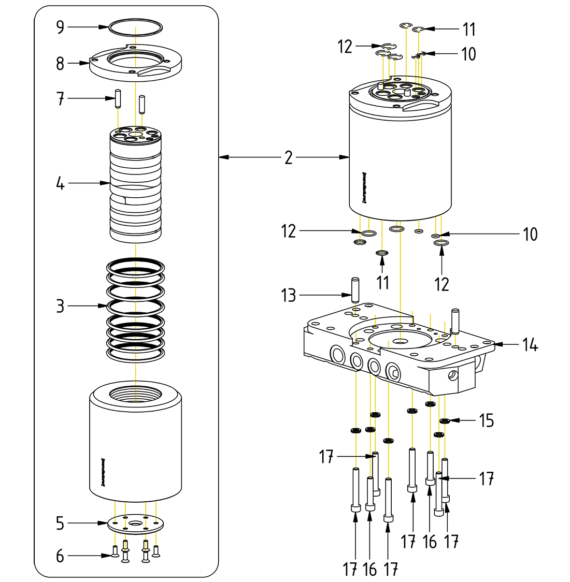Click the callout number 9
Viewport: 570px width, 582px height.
click(x=60, y=27)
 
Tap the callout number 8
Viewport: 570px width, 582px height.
click(x=60, y=64)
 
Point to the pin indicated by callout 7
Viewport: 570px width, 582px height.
click(x=118, y=98)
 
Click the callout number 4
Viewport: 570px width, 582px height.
click(x=60, y=183)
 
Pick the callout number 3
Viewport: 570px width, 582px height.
click(x=60, y=306)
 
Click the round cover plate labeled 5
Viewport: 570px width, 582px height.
click(x=136, y=524)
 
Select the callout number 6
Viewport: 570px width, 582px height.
click(x=60, y=556)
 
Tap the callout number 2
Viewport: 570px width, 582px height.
click(x=288, y=157)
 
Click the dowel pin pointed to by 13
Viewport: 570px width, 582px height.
click(x=355, y=290)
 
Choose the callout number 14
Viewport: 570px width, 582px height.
click(x=530, y=344)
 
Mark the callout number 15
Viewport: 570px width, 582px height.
click(x=486, y=420)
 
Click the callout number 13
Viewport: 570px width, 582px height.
click(x=288, y=296)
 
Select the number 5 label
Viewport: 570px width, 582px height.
click(x=60, y=523)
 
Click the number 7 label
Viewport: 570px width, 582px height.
click(x=60, y=98)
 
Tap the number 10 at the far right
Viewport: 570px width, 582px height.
click(x=530, y=234)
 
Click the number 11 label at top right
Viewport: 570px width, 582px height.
click(x=469, y=30)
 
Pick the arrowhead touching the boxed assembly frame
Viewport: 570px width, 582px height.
click(x=223, y=157)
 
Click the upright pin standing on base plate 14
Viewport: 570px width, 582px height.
click(x=455, y=321)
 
